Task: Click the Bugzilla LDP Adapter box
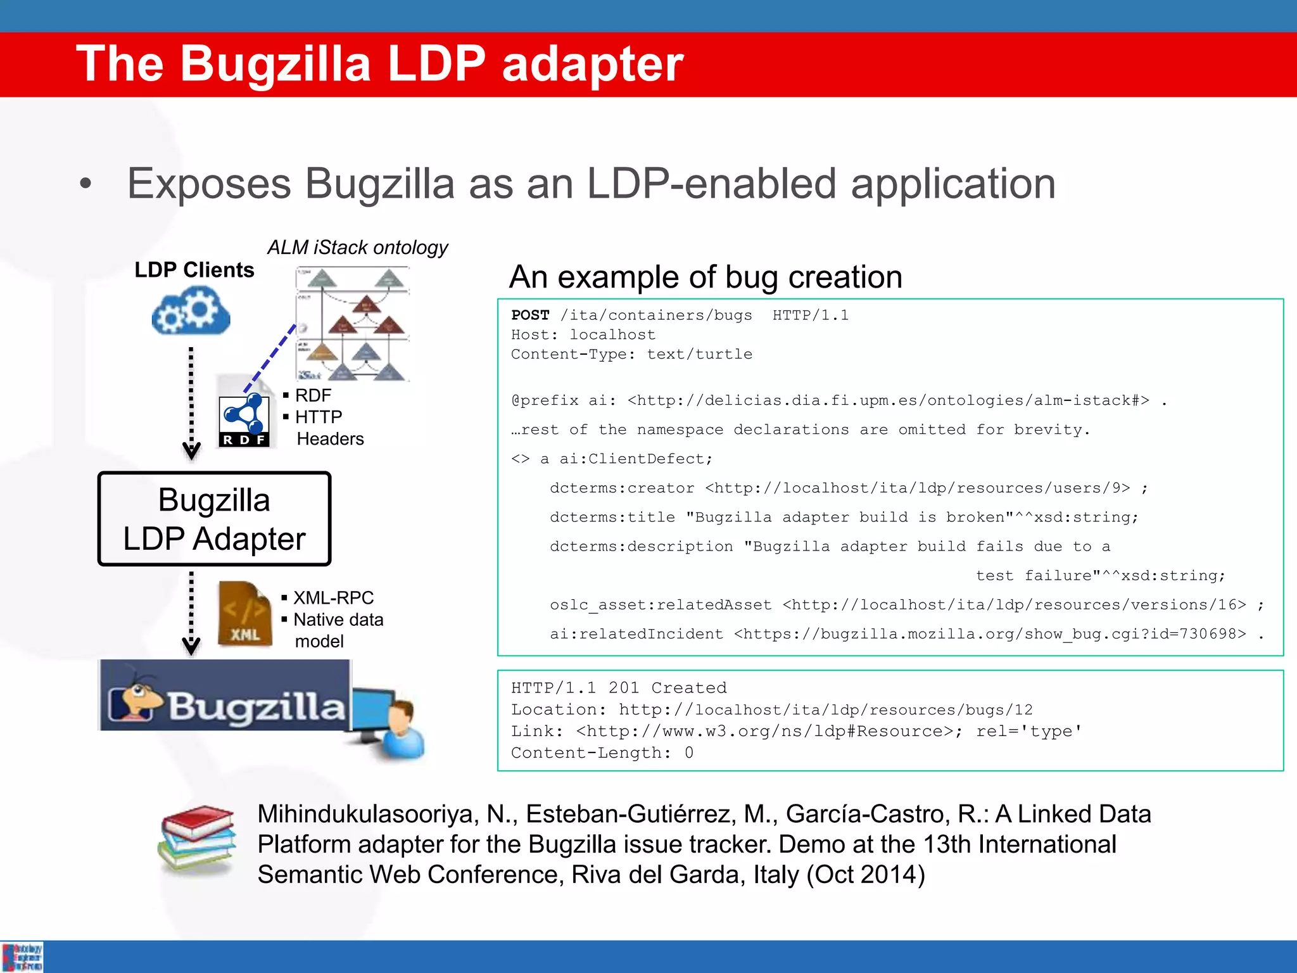pyautogui.click(x=214, y=519)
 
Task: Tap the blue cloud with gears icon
pyautogui.click(x=191, y=311)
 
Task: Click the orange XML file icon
pyautogui.click(x=244, y=614)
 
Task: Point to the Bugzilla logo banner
pyautogui.click(x=225, y=696)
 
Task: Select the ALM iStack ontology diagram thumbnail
pyautogui.click(x=353, y=324)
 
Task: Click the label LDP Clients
pyautogui.click(x=194, y=270)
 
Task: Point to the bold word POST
pyautogui.click(x=530, y=315)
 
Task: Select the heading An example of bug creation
pyautogui.click(x=705, y=277)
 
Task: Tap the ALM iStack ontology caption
pyautogui.click(x=357, y=247)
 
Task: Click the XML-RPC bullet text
pyautogui.click(x=333, y=597)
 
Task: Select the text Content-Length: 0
pyautogui.click(x=602, y=753)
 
